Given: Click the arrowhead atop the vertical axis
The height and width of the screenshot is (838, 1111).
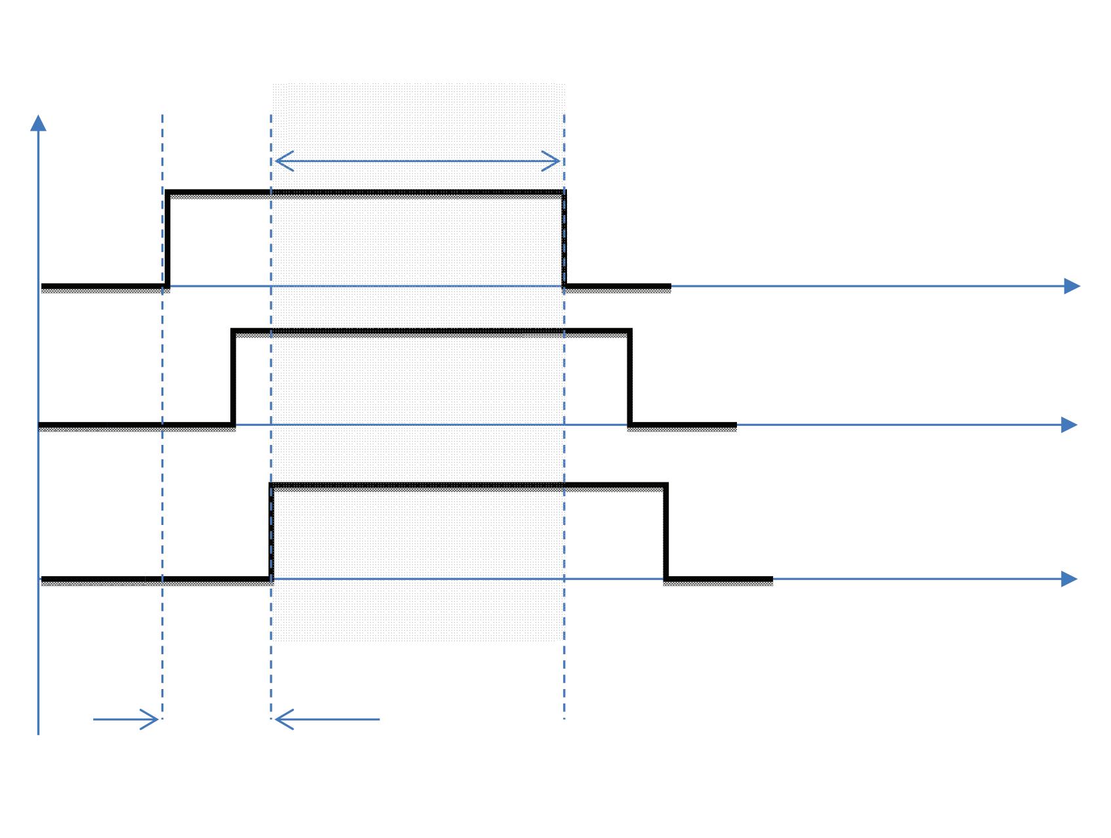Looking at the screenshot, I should pyautogui.click(x=38, y=123).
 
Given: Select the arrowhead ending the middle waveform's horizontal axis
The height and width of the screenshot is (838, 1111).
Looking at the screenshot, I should pyautogui.click(x=1069, y=425).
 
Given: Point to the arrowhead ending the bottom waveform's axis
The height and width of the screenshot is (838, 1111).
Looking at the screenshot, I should pyautogui.click(x=1069, y=579).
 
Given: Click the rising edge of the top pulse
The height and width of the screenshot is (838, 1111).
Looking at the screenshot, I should pyautogui.click(x=167, y=240).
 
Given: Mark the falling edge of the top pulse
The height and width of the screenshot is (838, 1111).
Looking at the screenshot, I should pyautogui.click(x=564, y=240).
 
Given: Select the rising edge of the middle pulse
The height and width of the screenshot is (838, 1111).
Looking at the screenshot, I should pyautogui.click(x=233, y=378).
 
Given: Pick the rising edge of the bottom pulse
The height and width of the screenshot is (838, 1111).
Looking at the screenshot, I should pyautogui.click(x=270, y=532).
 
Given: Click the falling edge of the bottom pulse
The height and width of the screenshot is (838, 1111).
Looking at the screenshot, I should pyautogui.click(x=666, y=532).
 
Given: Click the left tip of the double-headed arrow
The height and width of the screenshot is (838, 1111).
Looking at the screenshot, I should pyautogui.click(x=277, y=161).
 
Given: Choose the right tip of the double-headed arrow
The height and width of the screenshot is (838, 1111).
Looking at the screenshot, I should pyautogui.click(x=558, y=161).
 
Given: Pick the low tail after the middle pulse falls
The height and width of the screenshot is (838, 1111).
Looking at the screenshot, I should pyautogui.click(x=683, y=426).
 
